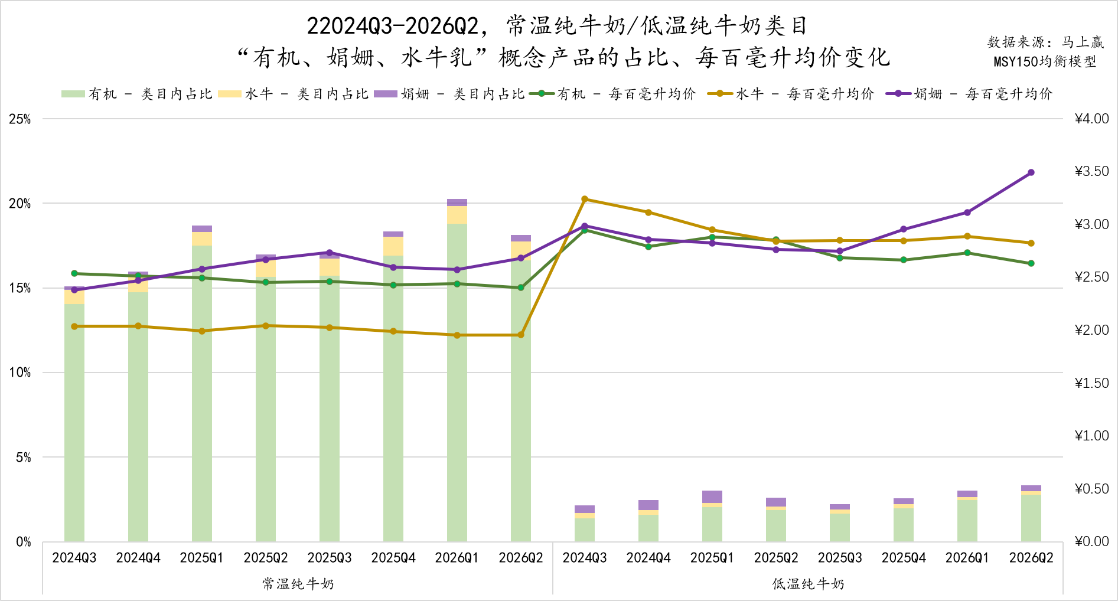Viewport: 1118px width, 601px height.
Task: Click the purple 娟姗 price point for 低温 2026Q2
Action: (1031, 173)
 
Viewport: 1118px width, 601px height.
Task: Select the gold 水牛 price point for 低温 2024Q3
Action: (585, 200)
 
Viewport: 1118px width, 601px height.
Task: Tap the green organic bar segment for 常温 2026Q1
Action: (457, 383)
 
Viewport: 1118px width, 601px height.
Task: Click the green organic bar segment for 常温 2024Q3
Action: (74, 423)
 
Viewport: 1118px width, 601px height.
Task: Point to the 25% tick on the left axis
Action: (19, 119)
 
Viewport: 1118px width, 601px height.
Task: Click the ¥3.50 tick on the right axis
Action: (1092, 171)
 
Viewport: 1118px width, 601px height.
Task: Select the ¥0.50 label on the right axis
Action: (1092, 489)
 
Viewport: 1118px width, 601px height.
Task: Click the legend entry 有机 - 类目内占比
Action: (137, 94)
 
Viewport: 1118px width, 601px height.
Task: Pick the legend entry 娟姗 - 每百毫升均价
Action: (969, 94)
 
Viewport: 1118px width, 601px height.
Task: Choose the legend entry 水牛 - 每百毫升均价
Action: (791, 94)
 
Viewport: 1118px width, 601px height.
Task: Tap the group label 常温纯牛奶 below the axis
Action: (298, 584)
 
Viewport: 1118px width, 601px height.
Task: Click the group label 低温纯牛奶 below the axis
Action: (808, 584)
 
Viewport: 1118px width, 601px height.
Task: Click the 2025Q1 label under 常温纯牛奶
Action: (202, 558)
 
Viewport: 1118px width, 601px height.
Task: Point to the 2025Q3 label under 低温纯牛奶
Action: (840, 558)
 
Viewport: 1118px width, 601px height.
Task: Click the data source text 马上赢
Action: (1083, 42)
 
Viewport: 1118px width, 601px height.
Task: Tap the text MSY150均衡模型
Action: (1045, 61)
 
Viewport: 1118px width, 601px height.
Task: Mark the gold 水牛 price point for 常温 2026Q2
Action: (521, 335)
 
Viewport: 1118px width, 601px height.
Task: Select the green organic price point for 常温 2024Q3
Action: (74, 274)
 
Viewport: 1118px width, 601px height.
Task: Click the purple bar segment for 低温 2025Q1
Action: (712, 497)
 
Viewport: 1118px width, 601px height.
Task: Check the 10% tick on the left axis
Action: (19, 373)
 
